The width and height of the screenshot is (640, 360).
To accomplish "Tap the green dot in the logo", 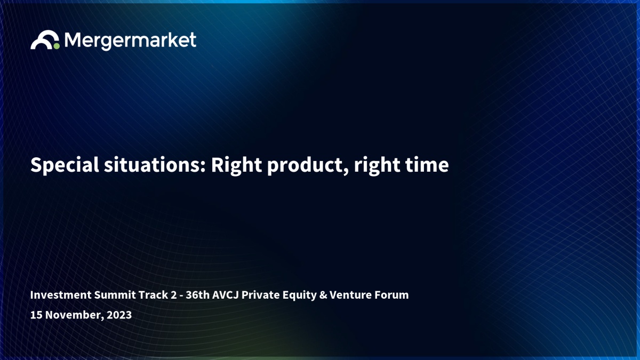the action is point(57,46).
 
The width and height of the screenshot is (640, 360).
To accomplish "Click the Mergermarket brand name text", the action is point(130,41).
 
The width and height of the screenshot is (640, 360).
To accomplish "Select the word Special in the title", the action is point(65,165).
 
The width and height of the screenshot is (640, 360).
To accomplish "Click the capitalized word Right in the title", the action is point(236,166).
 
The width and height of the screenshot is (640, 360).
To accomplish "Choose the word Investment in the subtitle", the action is point(61,295).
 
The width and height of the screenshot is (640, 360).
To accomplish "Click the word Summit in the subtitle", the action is point(115,295).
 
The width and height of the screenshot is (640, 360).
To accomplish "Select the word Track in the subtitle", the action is point(153,295).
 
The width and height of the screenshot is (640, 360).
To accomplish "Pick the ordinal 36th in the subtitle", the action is point(197,295).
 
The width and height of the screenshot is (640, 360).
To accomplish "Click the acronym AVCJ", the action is point(225,295).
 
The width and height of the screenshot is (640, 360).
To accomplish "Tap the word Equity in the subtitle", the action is point(299,295).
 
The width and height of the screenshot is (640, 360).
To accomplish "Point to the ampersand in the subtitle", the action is point(323,295).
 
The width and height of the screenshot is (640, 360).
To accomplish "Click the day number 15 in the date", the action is point(36,315).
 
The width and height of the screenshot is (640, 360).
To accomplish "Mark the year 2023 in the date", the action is point(119,315).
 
